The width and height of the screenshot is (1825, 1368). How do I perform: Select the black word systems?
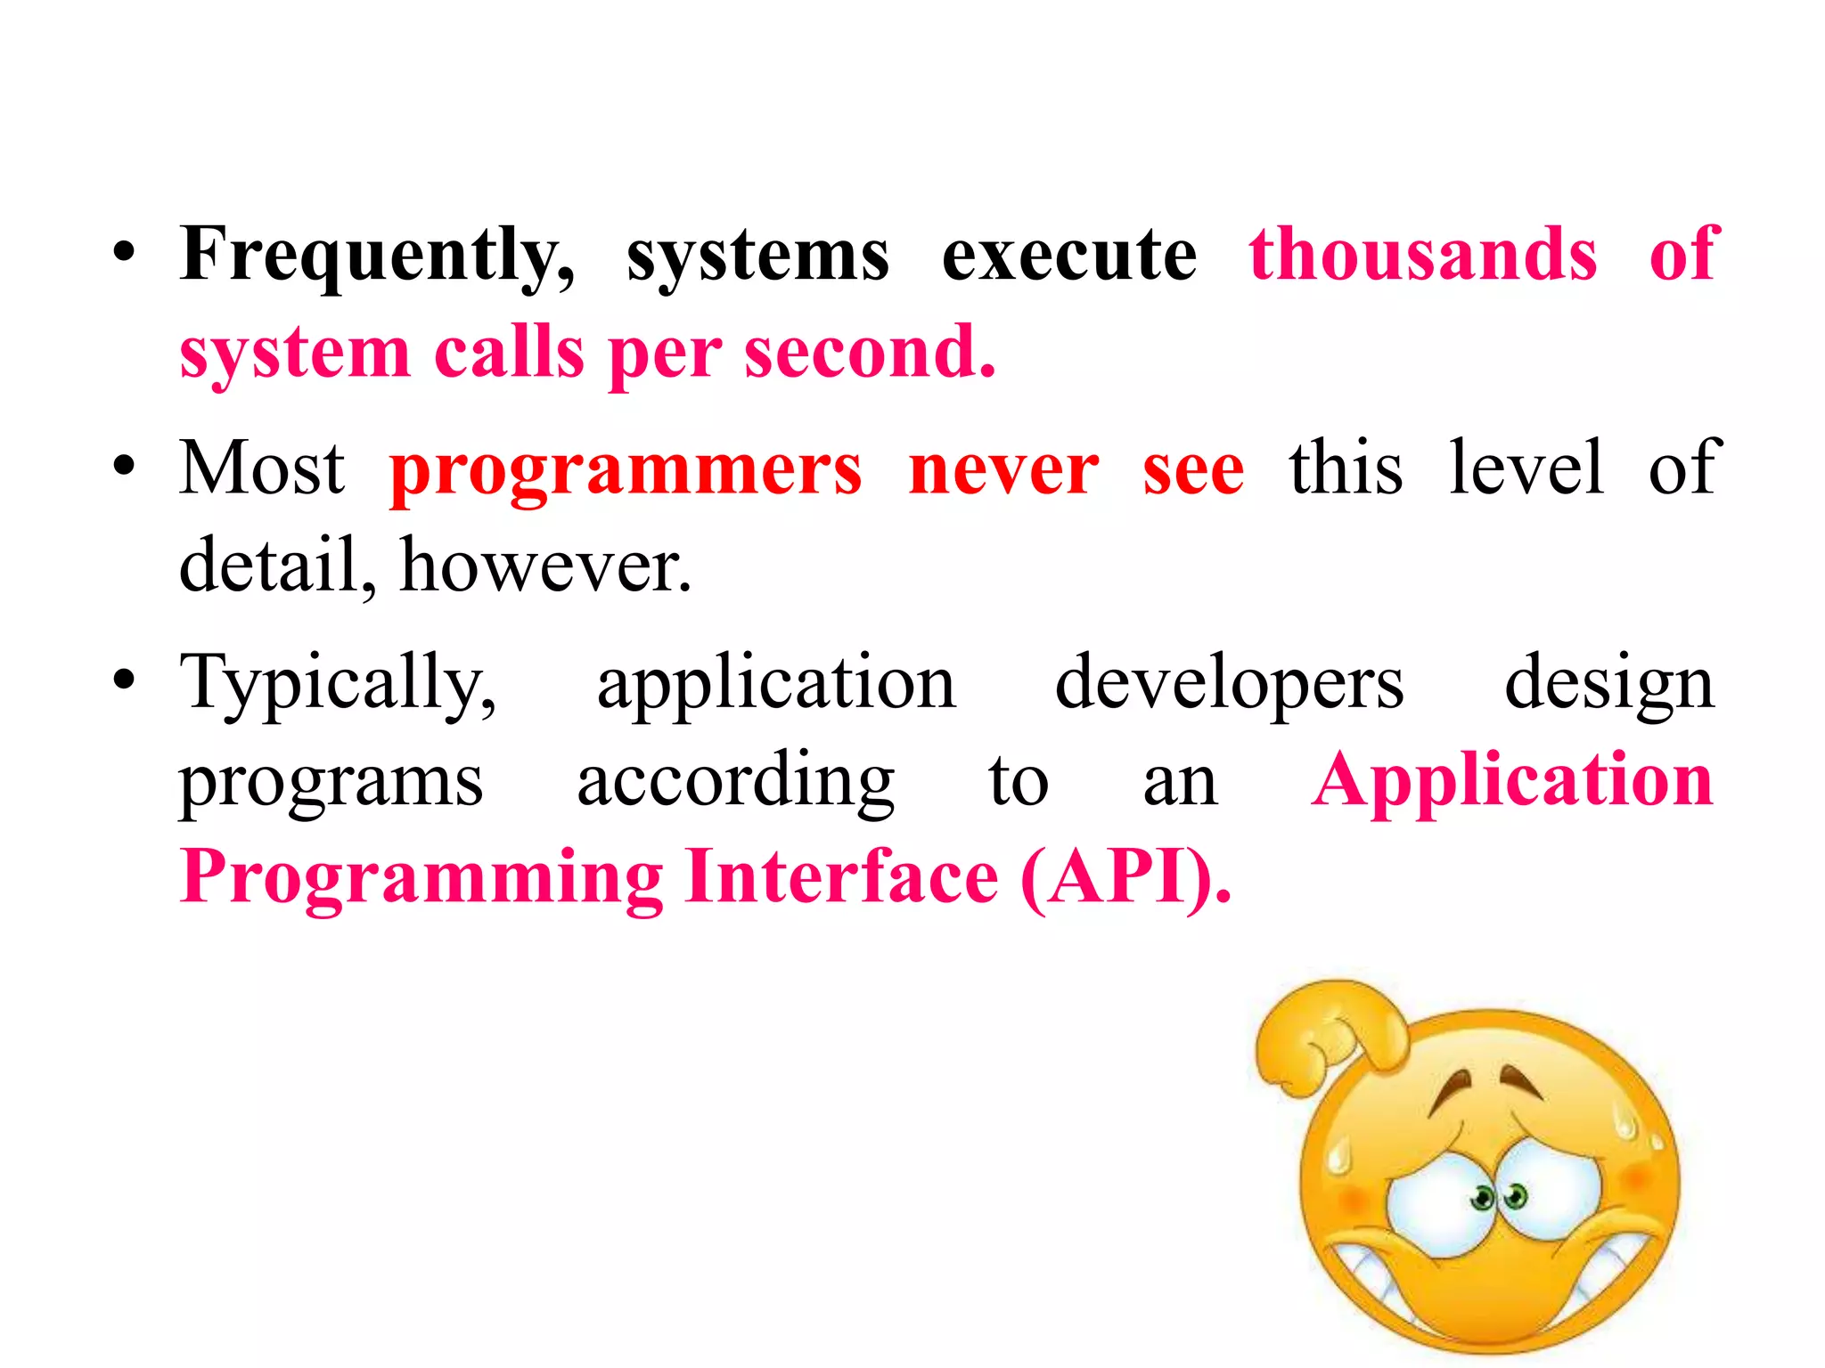coord(757,256)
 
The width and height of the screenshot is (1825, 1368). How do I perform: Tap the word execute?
coord(1069,256)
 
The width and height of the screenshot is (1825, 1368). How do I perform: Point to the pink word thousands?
coord(1423,255)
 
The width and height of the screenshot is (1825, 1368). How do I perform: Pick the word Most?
coord(262,468)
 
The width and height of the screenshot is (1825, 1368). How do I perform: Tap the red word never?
coord(1003,470)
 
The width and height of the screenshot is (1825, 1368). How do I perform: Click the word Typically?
coord(338,684)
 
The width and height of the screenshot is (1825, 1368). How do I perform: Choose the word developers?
coord(1229,684)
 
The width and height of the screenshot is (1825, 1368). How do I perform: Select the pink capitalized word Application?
coord(1512,782)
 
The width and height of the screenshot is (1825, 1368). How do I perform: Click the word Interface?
coord(842,878)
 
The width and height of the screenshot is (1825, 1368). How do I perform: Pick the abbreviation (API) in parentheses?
coord(1125,878)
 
